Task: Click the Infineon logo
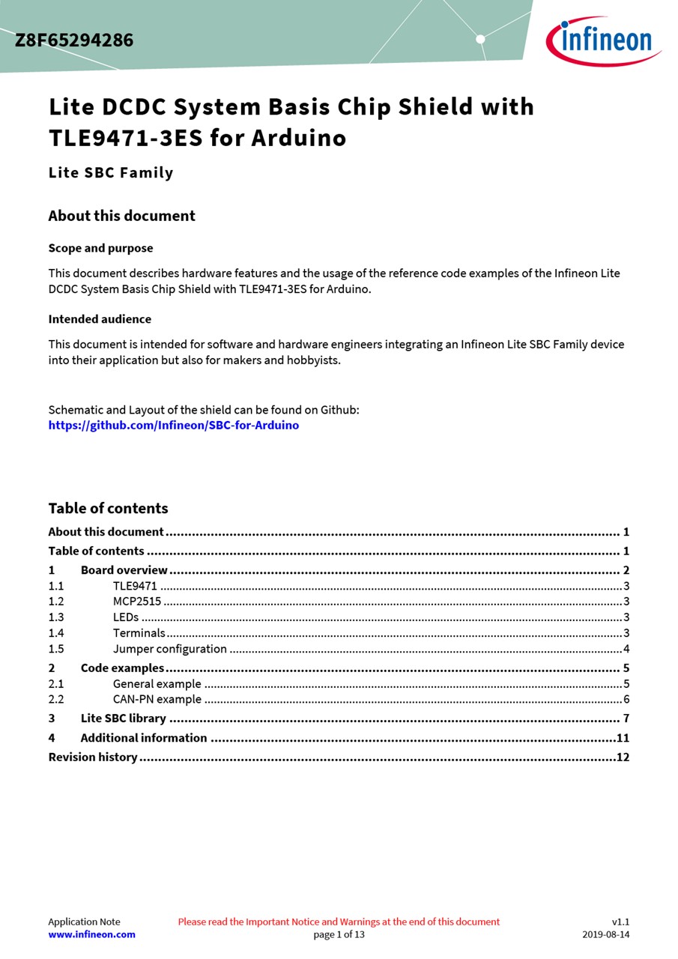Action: pyautogui.click(x=603, y=40)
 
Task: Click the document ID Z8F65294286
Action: pyautogui.click(x=74, y=40)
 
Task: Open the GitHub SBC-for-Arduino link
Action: pyautogui.click(x=173, y=426)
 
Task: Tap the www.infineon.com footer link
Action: pyautogui.click(x=91, y=934)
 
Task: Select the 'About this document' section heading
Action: pyautogui.click(x=121, y=216)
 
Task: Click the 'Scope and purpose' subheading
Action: pyautogui.click(x=100, y=248)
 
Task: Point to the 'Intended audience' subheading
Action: pyautogui.click(x=100, y=319)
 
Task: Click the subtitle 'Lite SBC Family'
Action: pyautogui.click(x=111, y=173)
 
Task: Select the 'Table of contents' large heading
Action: pyautogui.click(x=108, y=508)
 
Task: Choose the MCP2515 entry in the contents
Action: pyautogui.click(x=137, y=602)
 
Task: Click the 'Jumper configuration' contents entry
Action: pyautogui.click(x=170, y=649)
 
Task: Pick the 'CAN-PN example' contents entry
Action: pyautogui.click(x=157, y=699)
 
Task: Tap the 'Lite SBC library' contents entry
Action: pyautogui.click(x=124, y=719)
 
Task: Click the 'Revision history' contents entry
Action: pyautogui.click(x=93, y=757)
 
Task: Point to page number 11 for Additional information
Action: pyautogui.click(x=623, y=738)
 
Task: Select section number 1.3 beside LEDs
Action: pyautogui.click(x=56, y=617)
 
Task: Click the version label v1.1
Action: pyautogui.click(x=620, y=922)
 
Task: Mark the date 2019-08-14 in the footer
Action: pyautogui.click(x=606, y=934)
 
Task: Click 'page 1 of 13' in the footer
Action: pyautogui.click(x=339, y=934)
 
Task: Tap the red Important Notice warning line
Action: pyautogui.click(x=339, y=922)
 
